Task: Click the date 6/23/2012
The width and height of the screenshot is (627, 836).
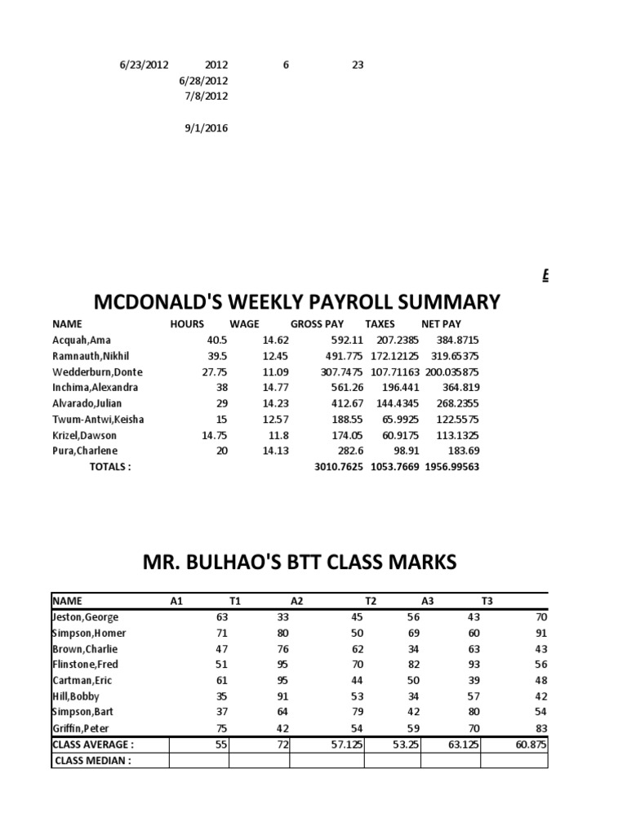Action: (x=143, y=64)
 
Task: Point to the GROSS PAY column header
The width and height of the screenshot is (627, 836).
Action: (x=317, y=324)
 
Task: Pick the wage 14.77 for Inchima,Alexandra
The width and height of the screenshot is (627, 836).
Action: (x=275, y=388)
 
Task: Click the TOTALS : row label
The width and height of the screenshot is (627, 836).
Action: (x=109, y=467)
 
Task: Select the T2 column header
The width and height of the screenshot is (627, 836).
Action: (x=371, y=602)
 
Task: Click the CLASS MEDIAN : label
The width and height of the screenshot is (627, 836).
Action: (x=92, y=761)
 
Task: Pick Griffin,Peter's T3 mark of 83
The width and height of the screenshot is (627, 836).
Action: (x=539, y=728)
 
